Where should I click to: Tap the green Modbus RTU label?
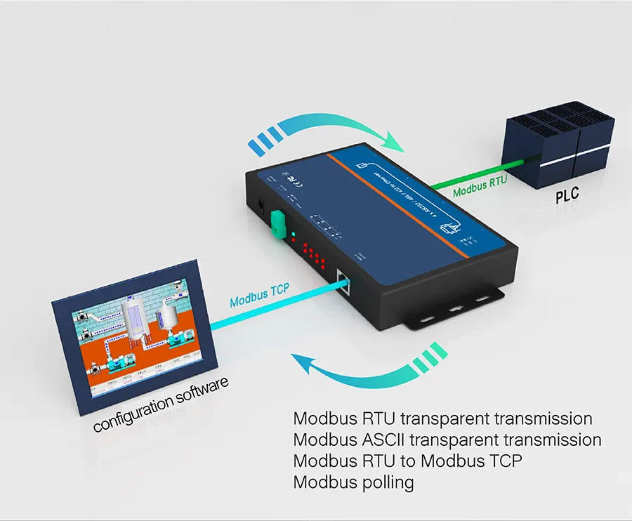point(480,189)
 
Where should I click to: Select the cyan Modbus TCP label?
point(259,298)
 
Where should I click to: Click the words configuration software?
point(161,404)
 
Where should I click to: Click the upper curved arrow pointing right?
point(330,130)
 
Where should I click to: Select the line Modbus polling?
point(353,482)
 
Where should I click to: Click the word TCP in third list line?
point(503,461)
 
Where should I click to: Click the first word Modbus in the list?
point(320,419)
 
